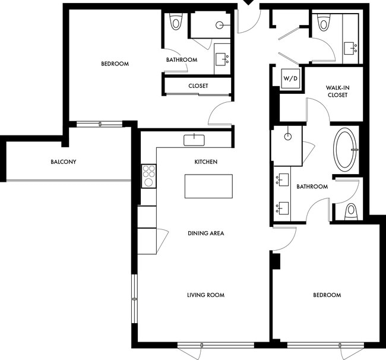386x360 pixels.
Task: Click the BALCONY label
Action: (x=63, y=162)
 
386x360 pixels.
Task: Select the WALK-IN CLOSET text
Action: (x=337, y=90)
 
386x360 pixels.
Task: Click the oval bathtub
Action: (x=346, y=150)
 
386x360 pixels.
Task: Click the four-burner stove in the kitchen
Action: (x=148, y=176)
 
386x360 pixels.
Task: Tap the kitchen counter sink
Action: (x=194, y=140)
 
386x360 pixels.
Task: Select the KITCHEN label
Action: (x=205, y=162)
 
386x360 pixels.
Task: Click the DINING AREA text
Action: (x=205, y=233)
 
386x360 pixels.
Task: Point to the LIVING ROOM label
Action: (x=205, y=295)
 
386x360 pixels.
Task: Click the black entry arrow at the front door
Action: (x=248, y=4)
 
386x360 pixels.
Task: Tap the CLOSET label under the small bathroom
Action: (x=198, y=86)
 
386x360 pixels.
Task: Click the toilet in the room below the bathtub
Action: (x=350, y=210)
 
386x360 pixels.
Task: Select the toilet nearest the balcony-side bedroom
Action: (x=176, y=23)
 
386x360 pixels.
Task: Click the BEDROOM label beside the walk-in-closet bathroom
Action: (x=327, y=295)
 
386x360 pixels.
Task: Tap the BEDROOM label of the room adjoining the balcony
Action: (x=115, y=64)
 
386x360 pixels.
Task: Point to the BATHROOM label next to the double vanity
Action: (x=312, y=187)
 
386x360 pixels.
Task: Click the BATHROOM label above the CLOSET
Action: (x=182, y=59)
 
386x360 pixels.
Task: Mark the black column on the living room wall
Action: (x=275, y=260)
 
